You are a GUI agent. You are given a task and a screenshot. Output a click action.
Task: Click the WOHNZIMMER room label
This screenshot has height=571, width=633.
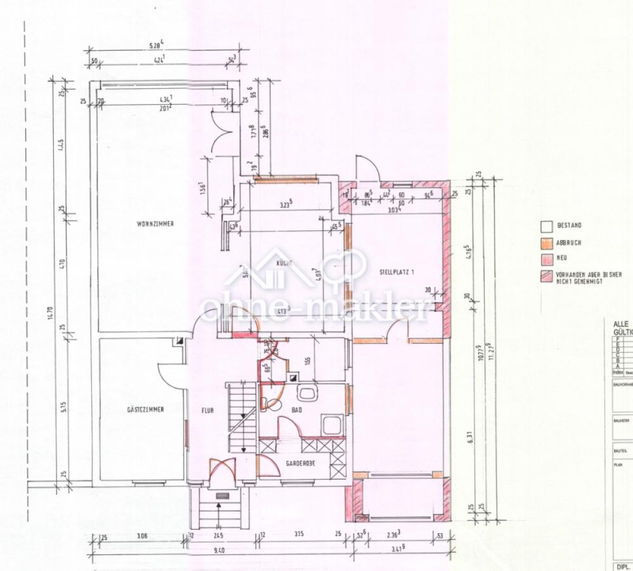click(155, 223)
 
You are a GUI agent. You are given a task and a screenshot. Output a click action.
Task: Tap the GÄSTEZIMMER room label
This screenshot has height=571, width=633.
click(146, 410)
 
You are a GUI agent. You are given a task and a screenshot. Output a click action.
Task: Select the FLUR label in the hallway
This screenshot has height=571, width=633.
click(208, 410)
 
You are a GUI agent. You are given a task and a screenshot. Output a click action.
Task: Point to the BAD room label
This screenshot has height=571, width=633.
click(297, 410)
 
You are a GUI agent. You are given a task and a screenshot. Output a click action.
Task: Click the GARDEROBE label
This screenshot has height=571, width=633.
click(301, 463)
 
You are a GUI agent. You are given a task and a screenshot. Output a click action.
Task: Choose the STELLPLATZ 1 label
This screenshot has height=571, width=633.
click(397, 272)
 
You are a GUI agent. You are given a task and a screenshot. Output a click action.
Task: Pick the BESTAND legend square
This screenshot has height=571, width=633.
click(544, 226)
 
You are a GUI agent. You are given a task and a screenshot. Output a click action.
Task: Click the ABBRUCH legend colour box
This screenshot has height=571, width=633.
click(544, 242)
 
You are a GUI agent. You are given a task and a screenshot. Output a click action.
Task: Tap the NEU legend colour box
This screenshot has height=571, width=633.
click(544, 258)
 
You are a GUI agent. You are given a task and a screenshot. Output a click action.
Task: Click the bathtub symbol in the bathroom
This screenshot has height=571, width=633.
click(333, 424)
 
